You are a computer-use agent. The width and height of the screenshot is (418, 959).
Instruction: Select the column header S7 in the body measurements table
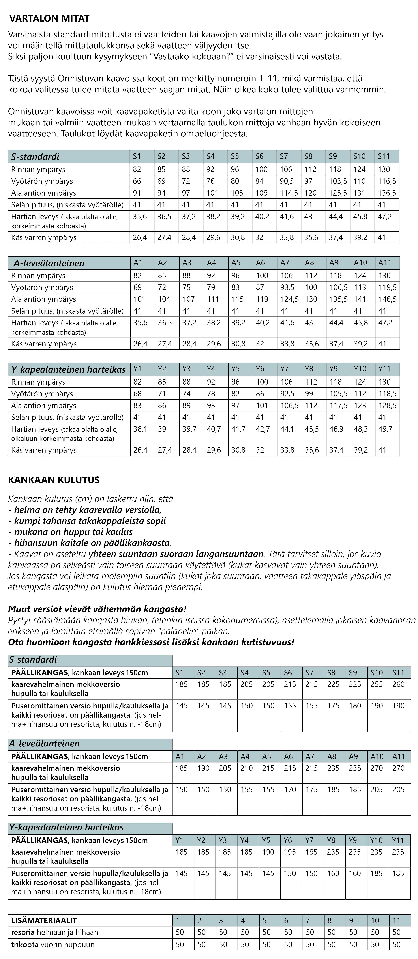coord(284,156)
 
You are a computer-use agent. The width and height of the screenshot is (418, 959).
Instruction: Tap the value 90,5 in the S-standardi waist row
coord(287,181)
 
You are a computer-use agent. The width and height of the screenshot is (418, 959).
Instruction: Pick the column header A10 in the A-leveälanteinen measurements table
coord(360,263)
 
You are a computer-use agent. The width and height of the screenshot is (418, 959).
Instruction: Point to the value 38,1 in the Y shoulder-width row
coord(140,429)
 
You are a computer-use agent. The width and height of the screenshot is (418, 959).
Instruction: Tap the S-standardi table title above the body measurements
coord(35,157)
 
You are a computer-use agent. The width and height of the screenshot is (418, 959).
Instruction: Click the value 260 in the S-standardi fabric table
coord(398,684)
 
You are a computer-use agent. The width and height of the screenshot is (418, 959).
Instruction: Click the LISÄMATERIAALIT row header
coord(44,920)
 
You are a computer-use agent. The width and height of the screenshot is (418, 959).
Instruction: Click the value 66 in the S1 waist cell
coord(137,181)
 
